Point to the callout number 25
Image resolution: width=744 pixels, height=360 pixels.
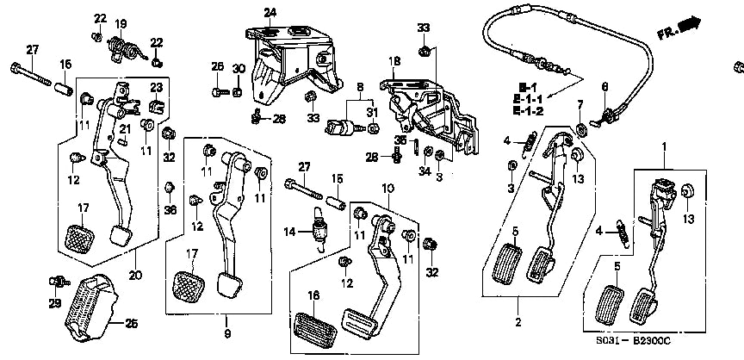click(132, 323)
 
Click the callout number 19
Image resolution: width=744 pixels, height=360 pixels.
click(121, 23)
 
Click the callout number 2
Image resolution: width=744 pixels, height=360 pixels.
click(518, 324)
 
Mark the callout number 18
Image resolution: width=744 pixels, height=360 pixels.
click(394, 61)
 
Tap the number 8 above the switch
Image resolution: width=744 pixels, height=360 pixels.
click(361, 87)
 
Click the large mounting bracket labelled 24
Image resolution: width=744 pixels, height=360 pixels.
click(288, 60)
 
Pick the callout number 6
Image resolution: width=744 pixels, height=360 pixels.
click(604, 86)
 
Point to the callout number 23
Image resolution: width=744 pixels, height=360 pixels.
click(156, 87)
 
